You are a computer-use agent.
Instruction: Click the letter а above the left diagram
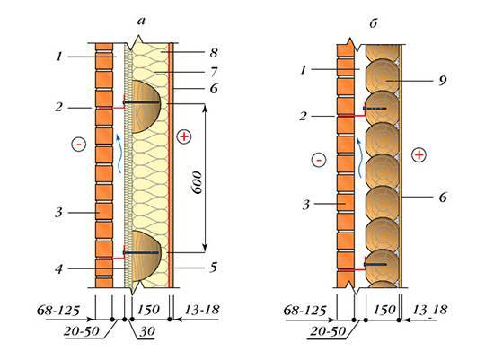pos(142,22)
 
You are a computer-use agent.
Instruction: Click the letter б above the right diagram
pos(374,22)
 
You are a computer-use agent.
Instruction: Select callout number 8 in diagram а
pos(214,53)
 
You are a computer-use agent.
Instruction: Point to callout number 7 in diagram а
pos(214,72)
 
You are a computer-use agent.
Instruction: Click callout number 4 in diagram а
pos(59,269)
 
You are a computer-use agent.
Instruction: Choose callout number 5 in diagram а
pos(214,268)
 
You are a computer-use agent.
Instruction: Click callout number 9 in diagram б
pos(443,81)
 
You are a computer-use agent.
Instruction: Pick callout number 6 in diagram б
pos(443,198)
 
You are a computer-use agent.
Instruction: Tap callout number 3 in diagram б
pos(306,205)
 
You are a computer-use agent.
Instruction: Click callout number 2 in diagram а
pos(59,108)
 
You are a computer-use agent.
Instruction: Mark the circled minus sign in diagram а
pos(79,145)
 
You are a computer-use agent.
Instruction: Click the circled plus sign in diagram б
pos(419,155)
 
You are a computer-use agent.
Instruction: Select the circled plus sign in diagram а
pos(184,136)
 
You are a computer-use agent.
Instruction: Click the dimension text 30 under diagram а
pos(147,331)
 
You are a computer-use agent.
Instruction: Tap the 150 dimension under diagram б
pos(384,310)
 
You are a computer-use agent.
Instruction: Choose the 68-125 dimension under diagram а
pos(58,311)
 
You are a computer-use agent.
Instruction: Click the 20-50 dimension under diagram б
pos(328,331)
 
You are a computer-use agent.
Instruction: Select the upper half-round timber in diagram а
pos(146,107)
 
